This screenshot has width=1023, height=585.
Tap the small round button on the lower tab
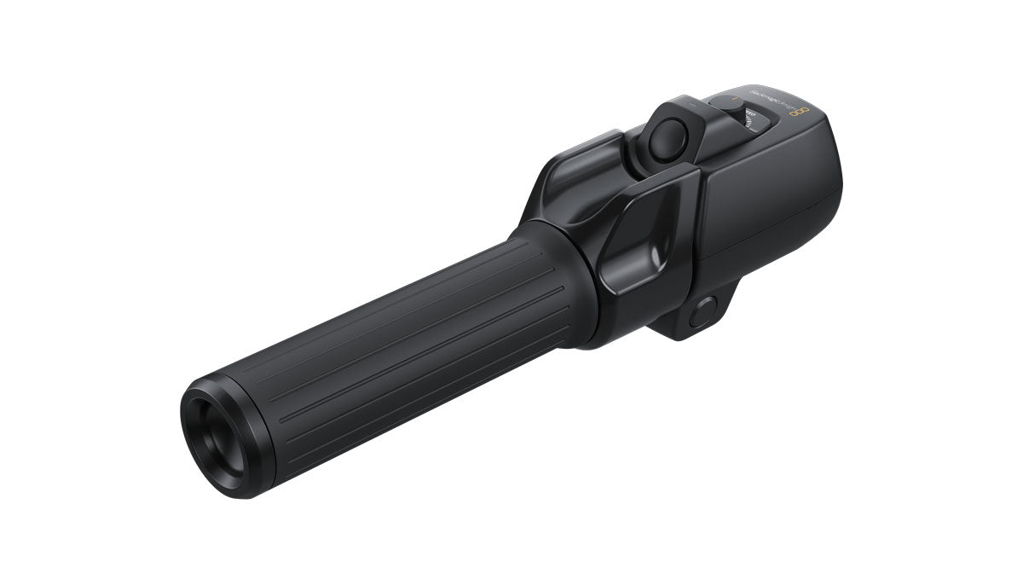(701, 313)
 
